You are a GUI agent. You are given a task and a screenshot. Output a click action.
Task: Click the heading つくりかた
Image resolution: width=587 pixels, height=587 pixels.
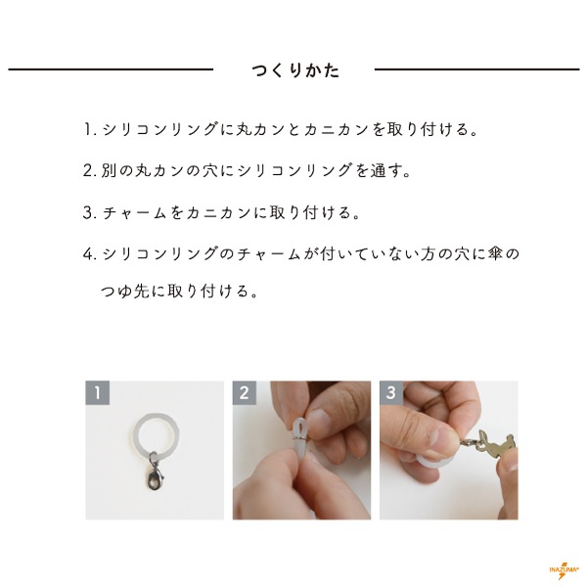pyautogui.click(x=295, y=70)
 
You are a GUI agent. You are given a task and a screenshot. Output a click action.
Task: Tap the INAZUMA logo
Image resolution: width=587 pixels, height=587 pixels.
pyautogui.click(x=564, y=569)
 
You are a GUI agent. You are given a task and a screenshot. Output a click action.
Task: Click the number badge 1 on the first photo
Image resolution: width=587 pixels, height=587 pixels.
pyautogui.click(x=97, y=392)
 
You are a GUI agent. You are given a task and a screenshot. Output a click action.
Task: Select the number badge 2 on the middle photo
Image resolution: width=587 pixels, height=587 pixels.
pyautogui.click(x=244, y=392)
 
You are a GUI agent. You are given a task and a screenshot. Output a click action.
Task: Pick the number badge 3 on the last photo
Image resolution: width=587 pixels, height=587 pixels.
pyautogui.click(x=391, y=392)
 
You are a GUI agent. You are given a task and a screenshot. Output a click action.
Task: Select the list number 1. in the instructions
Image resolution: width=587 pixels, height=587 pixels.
pyautogui.click(x=89, y=129)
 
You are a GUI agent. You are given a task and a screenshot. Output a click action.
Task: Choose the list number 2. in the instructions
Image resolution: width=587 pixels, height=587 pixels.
pyautogui.click(x=90, y=170)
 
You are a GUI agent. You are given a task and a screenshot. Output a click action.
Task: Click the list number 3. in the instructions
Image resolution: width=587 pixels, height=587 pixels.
pyautogui.click(x=90, y=212)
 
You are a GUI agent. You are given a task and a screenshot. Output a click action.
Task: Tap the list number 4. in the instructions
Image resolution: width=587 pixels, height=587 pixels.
pyautogui.click(x=90, y=254)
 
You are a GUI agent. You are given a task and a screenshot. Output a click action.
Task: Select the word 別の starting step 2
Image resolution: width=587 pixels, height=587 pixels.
pyautogui.click(x=116, y=170)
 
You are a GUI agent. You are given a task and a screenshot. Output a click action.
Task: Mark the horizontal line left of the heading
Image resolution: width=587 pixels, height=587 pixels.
pyautogui.click(x=111, y=69)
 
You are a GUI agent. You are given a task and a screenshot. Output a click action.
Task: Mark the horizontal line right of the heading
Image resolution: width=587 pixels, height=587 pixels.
pyautogui.click(x=477, y=69)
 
